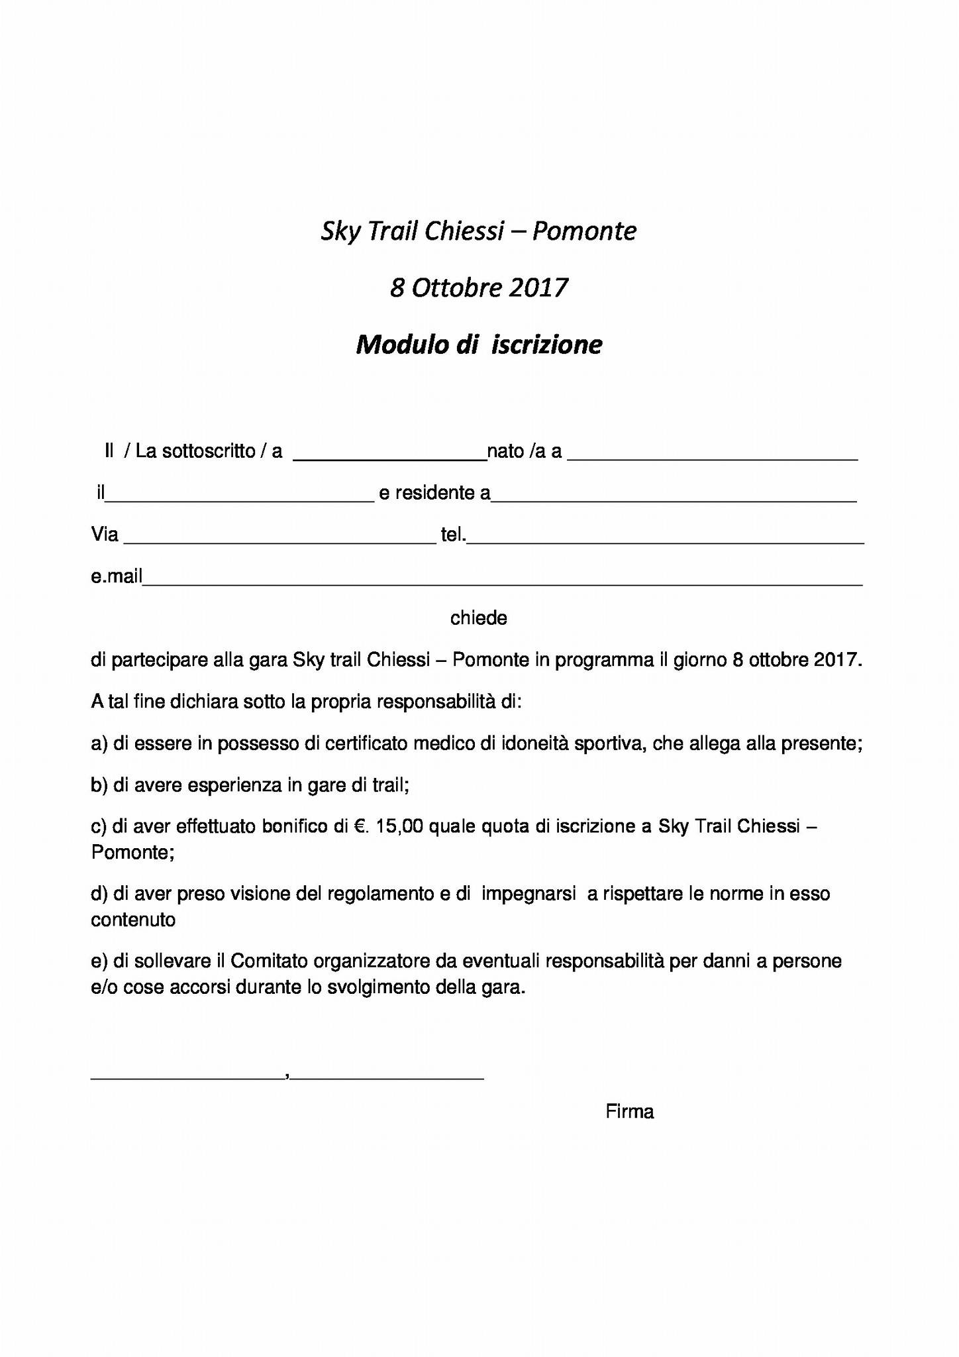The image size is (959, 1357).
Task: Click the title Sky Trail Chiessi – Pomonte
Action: [x=478, y=231]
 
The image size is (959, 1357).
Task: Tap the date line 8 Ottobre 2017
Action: [x=478, y=288]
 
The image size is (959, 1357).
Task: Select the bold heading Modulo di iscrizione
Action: [x=478, y=345]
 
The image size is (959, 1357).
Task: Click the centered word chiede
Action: [x=478, y=618]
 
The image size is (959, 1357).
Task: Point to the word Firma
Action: [x=629, y=1112]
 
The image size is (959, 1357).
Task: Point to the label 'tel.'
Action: [x=453, y=535]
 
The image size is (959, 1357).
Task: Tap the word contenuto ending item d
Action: [x=133, y=920]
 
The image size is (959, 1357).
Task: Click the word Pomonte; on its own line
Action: [x=132, y=852]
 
